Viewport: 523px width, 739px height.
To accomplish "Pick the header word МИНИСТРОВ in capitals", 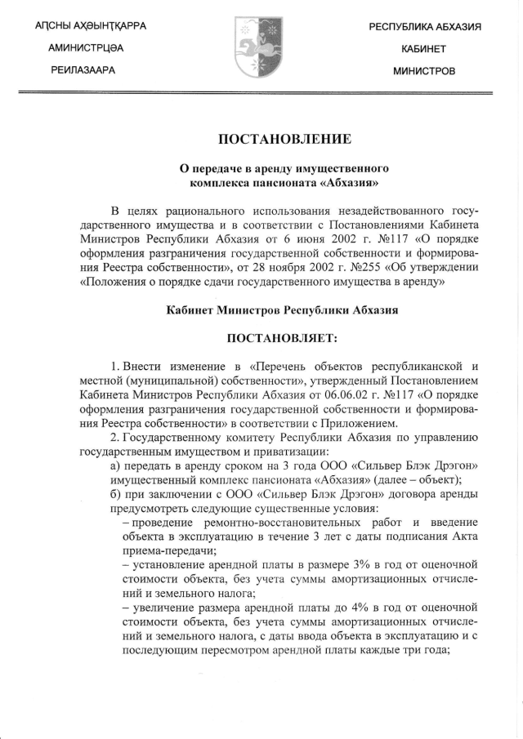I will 424,70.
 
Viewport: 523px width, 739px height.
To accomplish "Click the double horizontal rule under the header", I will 261,95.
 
